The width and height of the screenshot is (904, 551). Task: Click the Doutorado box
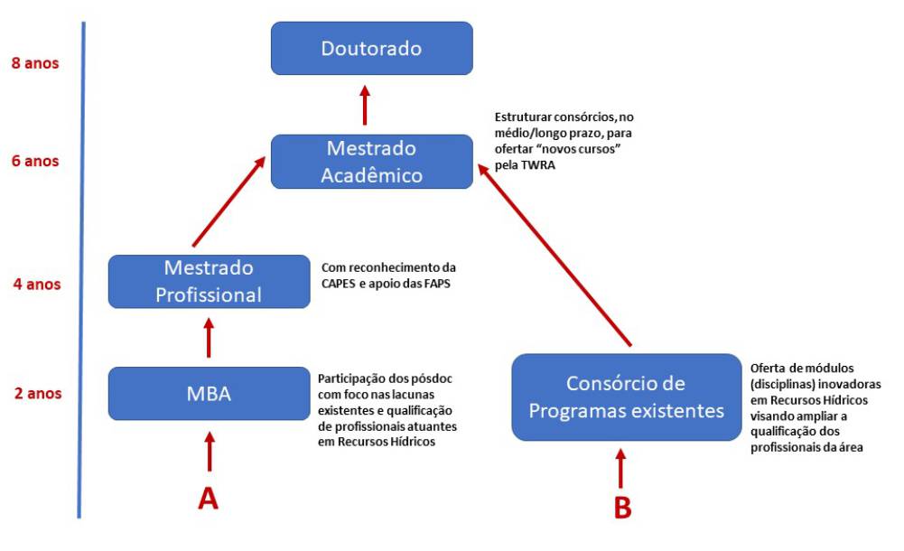pos(372,48)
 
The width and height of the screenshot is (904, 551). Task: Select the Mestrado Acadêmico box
pos(372,161)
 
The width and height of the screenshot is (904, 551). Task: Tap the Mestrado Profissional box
pos(208,281)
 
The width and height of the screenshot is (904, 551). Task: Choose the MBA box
pos(208,394)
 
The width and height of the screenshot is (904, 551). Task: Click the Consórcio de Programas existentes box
pos(626,397)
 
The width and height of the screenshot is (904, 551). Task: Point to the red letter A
pos(209,498)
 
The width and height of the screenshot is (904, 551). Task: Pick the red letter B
pos(622,507)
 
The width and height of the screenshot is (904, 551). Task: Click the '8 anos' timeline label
pos(35,64)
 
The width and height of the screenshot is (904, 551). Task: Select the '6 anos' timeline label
pos(35,162)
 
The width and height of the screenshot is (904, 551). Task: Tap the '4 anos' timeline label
pos(35,285)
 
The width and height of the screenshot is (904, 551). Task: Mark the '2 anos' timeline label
pos(35,394)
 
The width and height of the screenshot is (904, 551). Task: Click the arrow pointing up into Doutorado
pos(365,105)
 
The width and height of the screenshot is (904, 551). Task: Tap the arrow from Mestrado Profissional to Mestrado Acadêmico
pos(228,200)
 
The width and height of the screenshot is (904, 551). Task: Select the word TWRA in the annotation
pos(532,166)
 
